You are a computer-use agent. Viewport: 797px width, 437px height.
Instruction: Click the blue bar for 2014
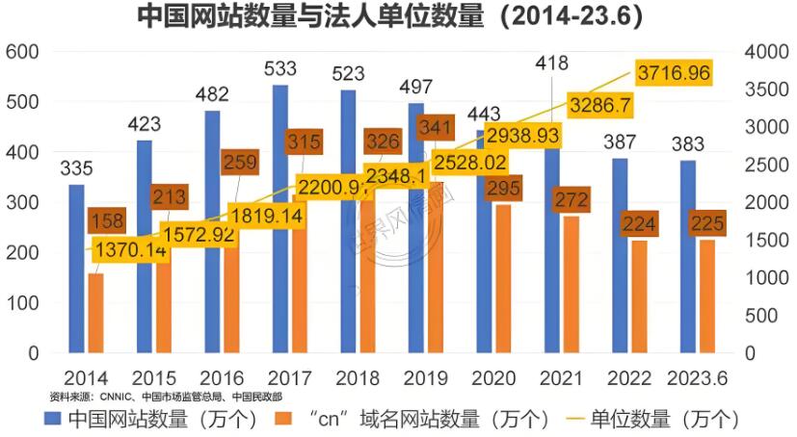tap(76, 270)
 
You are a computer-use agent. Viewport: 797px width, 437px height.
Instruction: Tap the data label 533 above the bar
tap(279, 68)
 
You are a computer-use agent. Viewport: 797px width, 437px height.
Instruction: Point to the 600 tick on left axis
tap(21, 51)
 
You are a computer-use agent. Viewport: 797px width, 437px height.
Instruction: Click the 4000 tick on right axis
tap(767, 51)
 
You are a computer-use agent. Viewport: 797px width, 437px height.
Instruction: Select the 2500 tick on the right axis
tap(767, 165)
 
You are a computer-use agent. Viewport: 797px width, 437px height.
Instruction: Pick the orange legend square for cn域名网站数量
tap(283, 419)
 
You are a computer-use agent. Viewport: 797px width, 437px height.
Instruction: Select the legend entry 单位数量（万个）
tap(665, 419)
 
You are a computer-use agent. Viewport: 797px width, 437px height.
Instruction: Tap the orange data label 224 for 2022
tap(638, 224)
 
